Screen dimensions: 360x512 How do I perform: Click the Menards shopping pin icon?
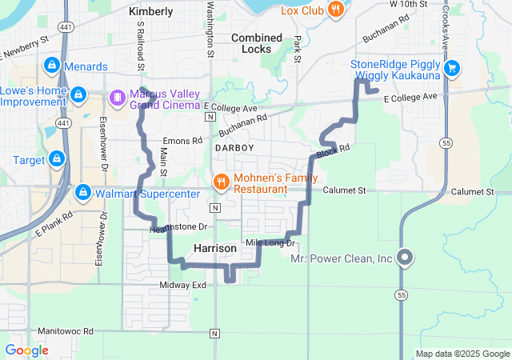(52, 64)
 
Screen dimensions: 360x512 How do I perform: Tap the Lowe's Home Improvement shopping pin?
(78, 95)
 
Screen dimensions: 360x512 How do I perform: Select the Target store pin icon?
(56, 159)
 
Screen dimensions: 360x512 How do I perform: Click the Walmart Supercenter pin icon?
(82, 193)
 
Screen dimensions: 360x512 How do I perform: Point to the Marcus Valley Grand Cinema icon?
(118, 97)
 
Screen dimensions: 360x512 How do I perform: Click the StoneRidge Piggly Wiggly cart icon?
(452, 67)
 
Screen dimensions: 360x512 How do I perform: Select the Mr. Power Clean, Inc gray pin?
(405, 258)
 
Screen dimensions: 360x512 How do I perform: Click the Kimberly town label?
(150, 12)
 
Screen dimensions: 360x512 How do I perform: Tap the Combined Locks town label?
(256, 43)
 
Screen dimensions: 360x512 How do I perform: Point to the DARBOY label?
(234, 149)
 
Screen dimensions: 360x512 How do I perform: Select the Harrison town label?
(215, 250)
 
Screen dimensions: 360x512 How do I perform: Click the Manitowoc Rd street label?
(66, 330)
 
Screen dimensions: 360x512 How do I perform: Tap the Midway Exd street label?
(182, 285)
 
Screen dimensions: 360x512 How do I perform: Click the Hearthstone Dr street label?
(178, 228)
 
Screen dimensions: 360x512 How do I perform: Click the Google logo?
(26, 350)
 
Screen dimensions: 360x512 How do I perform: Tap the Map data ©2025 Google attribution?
(462, 354)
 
